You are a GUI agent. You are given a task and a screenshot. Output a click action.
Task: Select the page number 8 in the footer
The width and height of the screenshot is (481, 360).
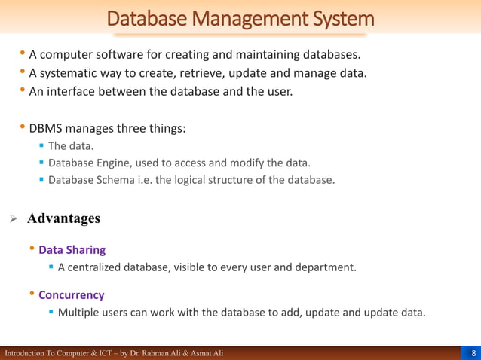(x=473, y=353)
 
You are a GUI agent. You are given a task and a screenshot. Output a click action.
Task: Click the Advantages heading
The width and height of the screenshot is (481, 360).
(x=63, y=219)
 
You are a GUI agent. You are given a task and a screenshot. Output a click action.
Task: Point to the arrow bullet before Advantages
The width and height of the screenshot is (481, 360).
(x=12, y=219)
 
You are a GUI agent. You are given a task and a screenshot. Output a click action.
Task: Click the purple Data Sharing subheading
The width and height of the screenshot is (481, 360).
(x=72, y=249)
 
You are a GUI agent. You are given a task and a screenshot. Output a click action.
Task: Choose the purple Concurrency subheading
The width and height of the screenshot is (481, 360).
(x=71, y=295)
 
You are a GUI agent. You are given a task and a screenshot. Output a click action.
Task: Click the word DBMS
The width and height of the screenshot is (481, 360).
(x=47, y=128)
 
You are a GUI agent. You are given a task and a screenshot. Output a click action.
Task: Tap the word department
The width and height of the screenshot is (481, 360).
(x=326, y=267)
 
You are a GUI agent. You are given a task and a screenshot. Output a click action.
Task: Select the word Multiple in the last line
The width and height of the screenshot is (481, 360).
(x=80, y=313)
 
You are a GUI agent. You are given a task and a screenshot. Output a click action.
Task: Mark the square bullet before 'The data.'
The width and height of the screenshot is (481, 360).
(x=41, y=146)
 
